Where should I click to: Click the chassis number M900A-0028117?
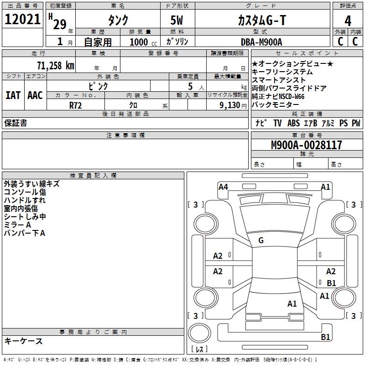306,145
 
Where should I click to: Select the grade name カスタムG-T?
261,20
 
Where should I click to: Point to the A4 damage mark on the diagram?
223,187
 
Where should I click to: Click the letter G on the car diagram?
261,240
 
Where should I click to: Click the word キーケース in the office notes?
24,341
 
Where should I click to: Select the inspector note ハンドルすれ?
25,200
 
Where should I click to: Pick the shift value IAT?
13,95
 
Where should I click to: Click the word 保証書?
16,123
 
